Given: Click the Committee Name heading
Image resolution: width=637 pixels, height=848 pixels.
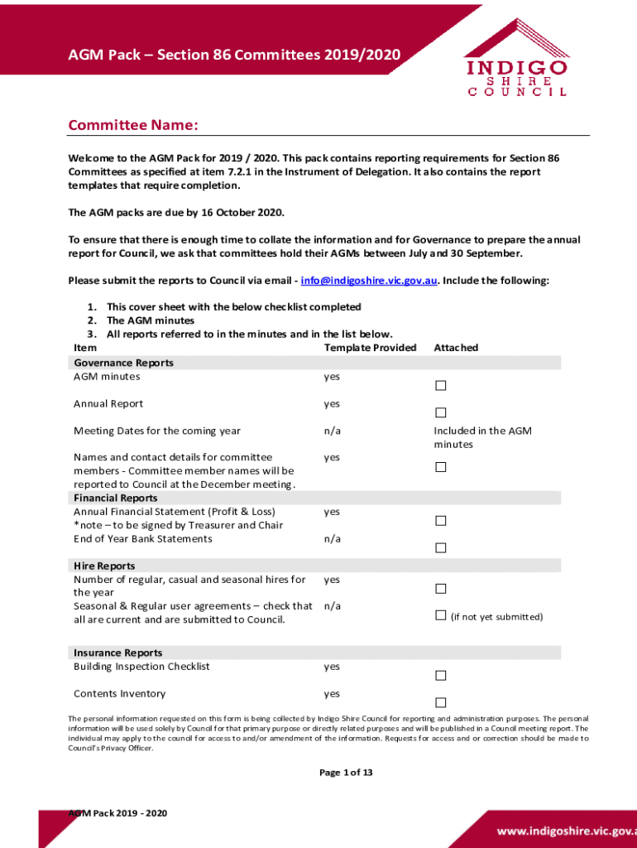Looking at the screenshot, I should pyautogui.click(x=133, y=125).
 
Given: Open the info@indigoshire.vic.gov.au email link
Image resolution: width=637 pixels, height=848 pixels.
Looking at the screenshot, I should pyautogui.click(x=369, y=281).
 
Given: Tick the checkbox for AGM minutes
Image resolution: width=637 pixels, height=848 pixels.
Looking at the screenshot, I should pyautogui.click(x=441, y=386).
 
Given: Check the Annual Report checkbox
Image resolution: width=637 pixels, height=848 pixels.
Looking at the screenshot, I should pyautogui.click(x=441, y=412).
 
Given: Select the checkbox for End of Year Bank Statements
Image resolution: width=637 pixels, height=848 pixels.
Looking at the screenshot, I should pyautogui.click(x=441, y=547).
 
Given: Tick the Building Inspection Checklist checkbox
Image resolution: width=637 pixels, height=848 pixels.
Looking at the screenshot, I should pyautogui.click(x=441, y=675).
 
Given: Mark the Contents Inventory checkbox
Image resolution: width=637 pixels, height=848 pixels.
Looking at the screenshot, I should pyautogui.click(x=441, y=701).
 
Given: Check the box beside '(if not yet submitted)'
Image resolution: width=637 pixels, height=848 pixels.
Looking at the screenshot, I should pyautogui.click(x=441, y=615).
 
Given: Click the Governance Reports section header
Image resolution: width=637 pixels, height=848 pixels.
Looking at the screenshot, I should pyautogui.click(x=123, y=363).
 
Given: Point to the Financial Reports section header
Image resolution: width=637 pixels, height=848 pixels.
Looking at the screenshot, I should pyautogui.click(x=115, y=498).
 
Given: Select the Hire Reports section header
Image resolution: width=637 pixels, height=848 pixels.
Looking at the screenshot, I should pyautogui.click(x=104, y=566).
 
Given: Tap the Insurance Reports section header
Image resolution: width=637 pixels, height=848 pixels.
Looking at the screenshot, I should pyautogui.click(x=117, y=653).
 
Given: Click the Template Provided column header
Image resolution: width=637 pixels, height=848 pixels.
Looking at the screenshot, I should pyautogui.click(x=370, y=348).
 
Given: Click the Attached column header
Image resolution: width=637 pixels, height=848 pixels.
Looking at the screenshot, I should pyautogui.click(x=456, y=348).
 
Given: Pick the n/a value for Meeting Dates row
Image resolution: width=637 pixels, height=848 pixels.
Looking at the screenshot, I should pyautogui.click(x=332, y=431).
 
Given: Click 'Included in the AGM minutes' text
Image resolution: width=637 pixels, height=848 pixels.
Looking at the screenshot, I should pyautogui.click(x=482, y=437).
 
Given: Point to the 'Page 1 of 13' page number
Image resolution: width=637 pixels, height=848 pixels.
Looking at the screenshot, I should pyautogui.click(x=346, y=773).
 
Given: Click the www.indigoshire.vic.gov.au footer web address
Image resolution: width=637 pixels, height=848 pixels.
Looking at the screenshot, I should pyautogui.click(x=566, y=830).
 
